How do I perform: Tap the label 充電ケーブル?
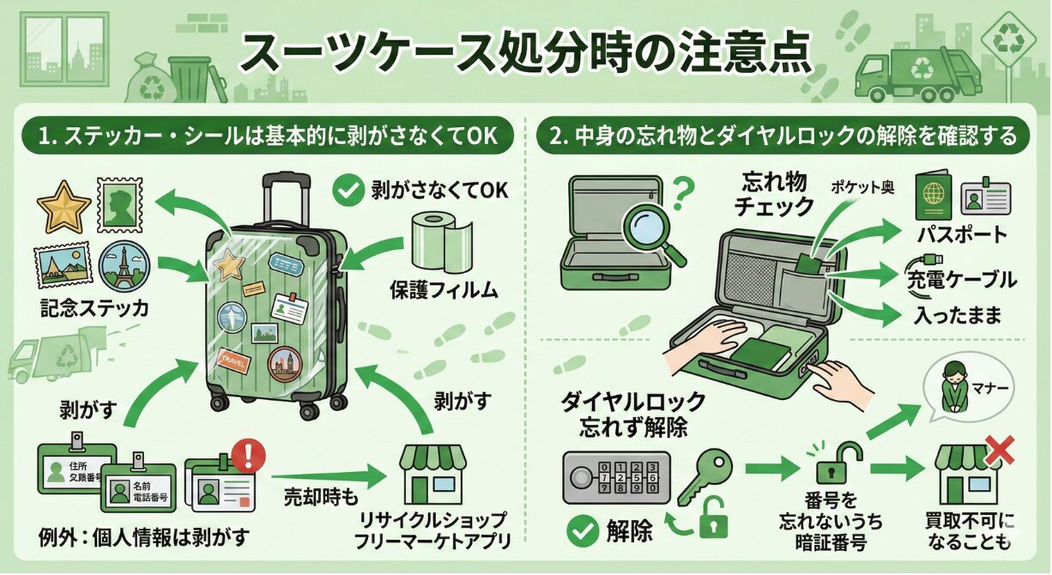click(x=960, y=280)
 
